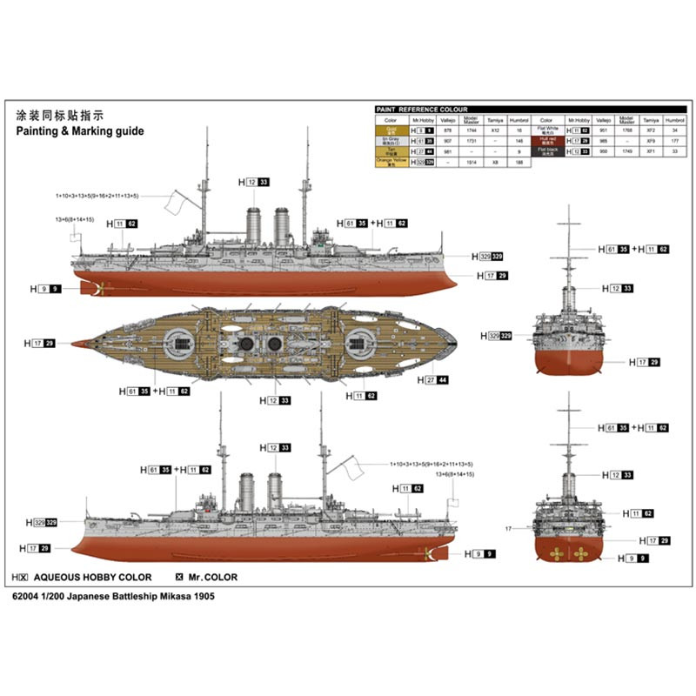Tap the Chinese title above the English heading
[x=60, y=115]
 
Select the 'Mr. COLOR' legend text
[x=212, y=577]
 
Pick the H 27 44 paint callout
[x=432, y=379]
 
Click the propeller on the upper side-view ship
[x=97, y=289]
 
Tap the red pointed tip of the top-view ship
[x=78, y=343]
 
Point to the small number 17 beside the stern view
[x=508, y=528]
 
